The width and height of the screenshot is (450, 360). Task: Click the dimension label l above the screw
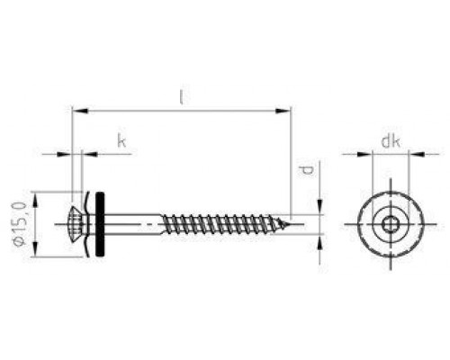click(181, 96)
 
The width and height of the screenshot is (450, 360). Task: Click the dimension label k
click(121, 140)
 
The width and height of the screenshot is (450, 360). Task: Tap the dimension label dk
click(391, 141)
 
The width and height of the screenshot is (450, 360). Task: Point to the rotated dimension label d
click(307, 170)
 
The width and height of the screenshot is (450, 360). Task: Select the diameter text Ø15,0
click(19, 224)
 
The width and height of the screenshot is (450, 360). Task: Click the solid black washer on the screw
click(100, 224)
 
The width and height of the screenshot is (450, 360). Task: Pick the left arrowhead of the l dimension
click(80, 111)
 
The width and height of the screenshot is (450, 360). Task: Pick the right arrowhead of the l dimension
click(283, 111)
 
